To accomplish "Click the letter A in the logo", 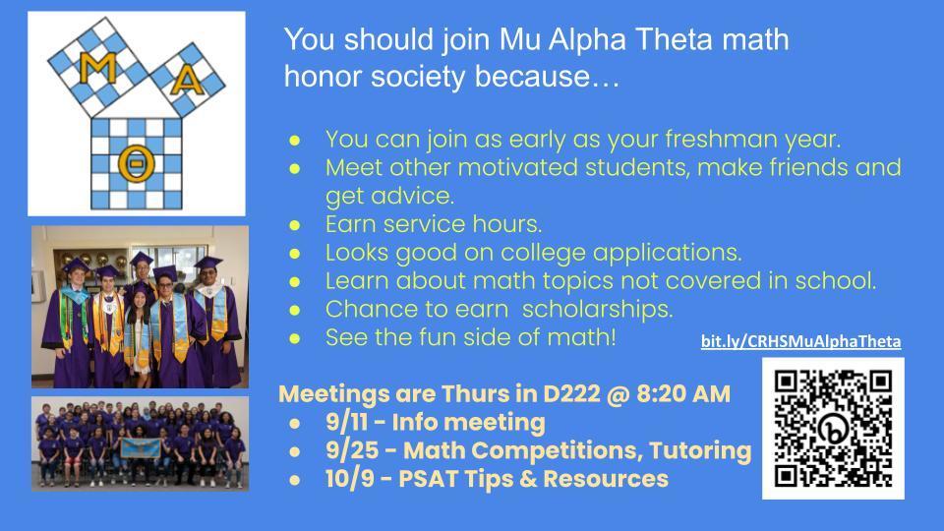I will [184, 85].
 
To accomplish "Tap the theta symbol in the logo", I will [132, 162].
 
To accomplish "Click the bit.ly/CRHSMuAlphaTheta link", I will [800, 341].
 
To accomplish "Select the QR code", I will [833, 428].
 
